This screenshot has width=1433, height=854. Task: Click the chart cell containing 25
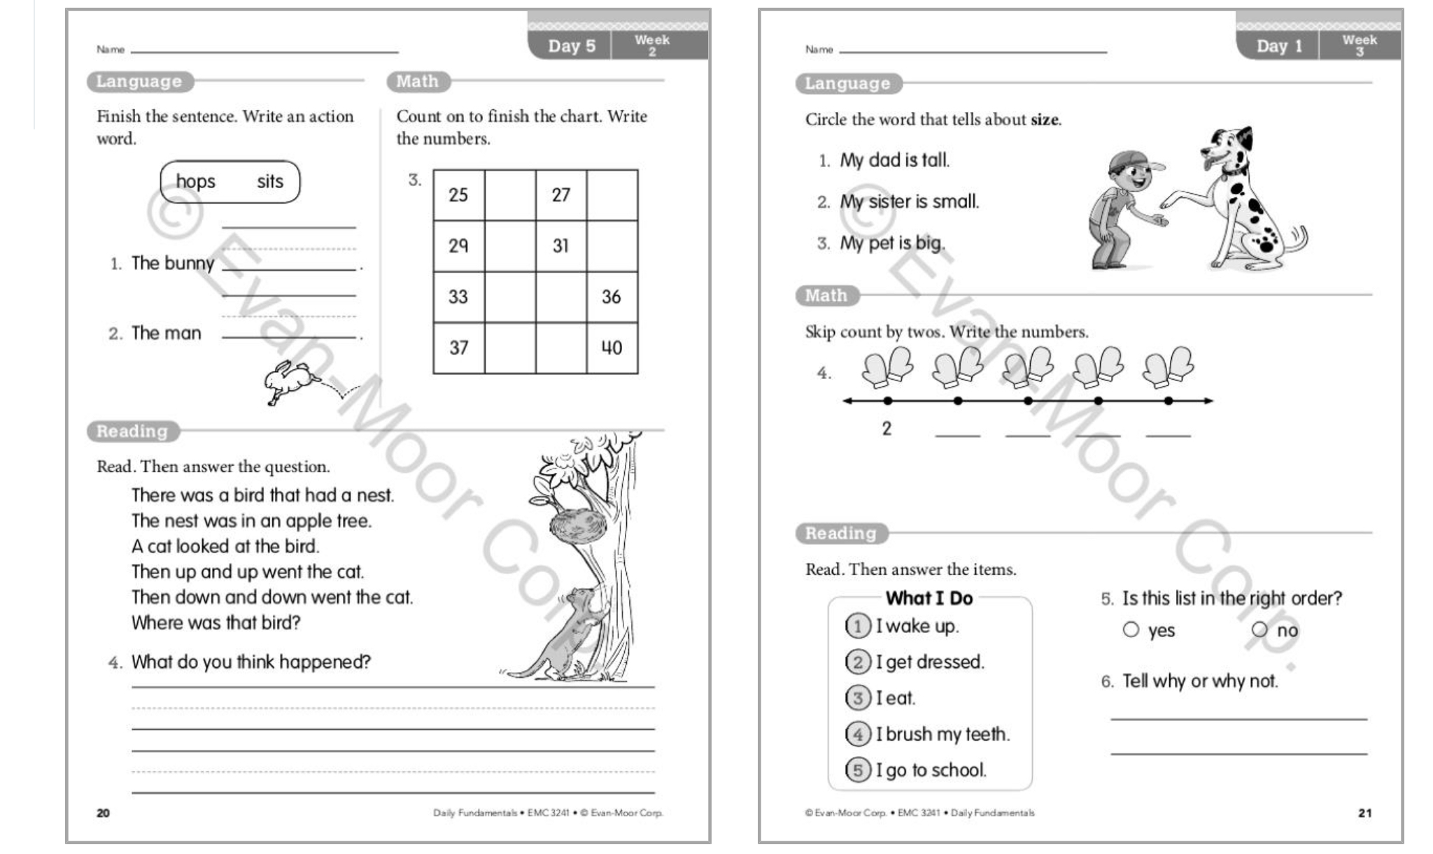click(x=458, y=195)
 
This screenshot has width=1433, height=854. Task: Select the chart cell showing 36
click(x=612, y=297)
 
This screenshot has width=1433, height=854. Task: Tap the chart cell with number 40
click(x=612, y=348)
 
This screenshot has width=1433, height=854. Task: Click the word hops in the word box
click(x=195, y=182)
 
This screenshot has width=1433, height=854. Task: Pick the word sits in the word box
click(x=270, y=182)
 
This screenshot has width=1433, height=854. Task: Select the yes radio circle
click(x=1131, y=629)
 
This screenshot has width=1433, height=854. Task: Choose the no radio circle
click(x=1259, y=629)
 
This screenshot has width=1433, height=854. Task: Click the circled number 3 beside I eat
click(x=858, y=697)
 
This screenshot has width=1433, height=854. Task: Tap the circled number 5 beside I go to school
click(x=858, y=770)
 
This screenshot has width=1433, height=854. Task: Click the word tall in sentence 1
click(x=935, y=160)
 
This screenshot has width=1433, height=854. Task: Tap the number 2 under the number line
click(x=887, y=428)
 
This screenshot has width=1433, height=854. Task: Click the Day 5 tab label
click(x=572, y=46)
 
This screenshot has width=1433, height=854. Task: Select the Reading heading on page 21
click(x=840, y=534)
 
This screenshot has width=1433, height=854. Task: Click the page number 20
click(x=103, y=813)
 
